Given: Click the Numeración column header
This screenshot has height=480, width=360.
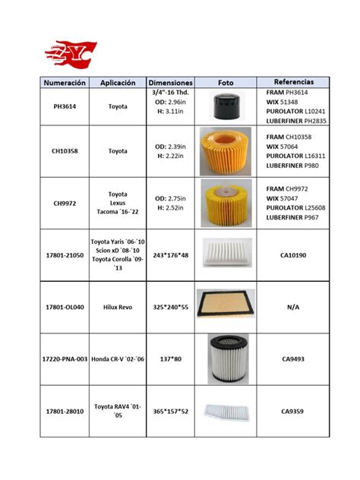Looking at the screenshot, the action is pos(65,82).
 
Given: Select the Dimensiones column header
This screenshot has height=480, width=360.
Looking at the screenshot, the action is pos(170,82).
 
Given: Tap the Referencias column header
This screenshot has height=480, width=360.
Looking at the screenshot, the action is pos(293,81).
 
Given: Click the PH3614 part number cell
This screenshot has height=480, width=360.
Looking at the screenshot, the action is pos(65,107).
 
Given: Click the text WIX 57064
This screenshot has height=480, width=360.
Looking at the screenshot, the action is pos(282,146).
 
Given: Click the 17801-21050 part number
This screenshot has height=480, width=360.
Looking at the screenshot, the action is pos(65,255).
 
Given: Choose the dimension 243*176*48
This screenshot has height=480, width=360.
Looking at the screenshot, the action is pos(170,254).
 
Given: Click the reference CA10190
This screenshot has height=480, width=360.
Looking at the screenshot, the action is pos(293,256).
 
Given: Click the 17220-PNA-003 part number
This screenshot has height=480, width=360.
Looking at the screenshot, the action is pos(65,357).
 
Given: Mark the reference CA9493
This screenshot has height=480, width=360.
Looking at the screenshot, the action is pos(293,357).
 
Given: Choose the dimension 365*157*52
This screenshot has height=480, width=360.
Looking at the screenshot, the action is pos(170,411).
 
